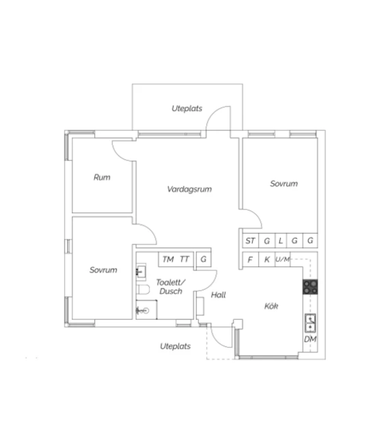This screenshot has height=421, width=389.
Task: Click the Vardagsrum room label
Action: pyautogui.click(x=189, y=189)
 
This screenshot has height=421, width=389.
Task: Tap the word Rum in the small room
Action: pyautogui.click(x=102, y=177)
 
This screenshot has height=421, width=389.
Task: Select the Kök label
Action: pyautogui.click(x=271, y=306)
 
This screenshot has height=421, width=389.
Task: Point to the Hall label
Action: pyautogui.click(x=218, y=295)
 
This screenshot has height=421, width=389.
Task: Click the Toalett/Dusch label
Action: pyautogui.click(x=171, y=287)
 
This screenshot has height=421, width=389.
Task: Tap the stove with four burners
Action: pyautogui.click(x=310, y=287)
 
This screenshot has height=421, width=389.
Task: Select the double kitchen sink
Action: pyautogui.click(x=310, y=323)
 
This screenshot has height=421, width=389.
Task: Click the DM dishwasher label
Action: pyautogui.click(x=310, y=339)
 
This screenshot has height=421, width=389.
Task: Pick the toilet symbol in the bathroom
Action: pyautogui.click(x=143, y=290)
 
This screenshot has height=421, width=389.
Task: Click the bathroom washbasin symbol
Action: pyautogui.click(x=141, y=271)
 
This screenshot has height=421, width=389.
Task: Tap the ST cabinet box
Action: pyautogui.click(x=251, y=240)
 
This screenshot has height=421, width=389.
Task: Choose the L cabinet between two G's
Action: pyautogui.click(x=281, y=240)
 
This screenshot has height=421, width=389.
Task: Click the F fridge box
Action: pyautogui.click(x=251, y=259)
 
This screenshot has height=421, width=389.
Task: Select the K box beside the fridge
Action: pyautogui.click(x=267, y=259)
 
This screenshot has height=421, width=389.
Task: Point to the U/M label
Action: pyautogui.click(x=283, y=259)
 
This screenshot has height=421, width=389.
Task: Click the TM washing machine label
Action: pyautogui.click(x=168, y=259)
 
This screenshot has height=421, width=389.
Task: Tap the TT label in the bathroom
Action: pyautogui.click(x=184, y=259)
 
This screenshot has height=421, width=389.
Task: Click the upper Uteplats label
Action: pyautogui.click(x=187, y=108)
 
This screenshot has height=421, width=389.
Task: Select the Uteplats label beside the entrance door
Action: pyautogui.click(x=175, y=346)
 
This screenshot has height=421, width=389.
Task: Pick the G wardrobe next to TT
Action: pyautogui.click(x=204, y=259)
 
